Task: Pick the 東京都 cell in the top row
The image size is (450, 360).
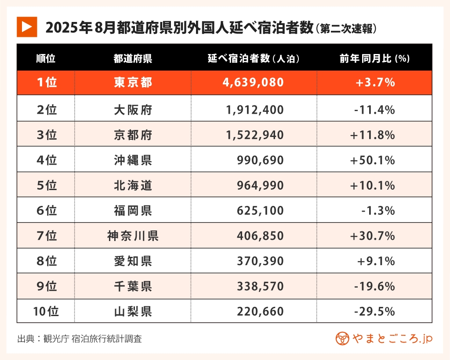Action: click(133, 83)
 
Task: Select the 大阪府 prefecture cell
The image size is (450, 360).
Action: click(133, 109)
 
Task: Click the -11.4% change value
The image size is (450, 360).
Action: click(374, 109)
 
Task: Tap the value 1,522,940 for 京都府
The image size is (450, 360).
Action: click(254, 135)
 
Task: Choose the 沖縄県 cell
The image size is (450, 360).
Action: click(133, 160)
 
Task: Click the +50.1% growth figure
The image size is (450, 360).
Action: click(373, 160)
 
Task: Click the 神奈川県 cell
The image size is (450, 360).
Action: click(133, 237)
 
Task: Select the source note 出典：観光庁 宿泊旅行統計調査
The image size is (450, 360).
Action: click(80, 339)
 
